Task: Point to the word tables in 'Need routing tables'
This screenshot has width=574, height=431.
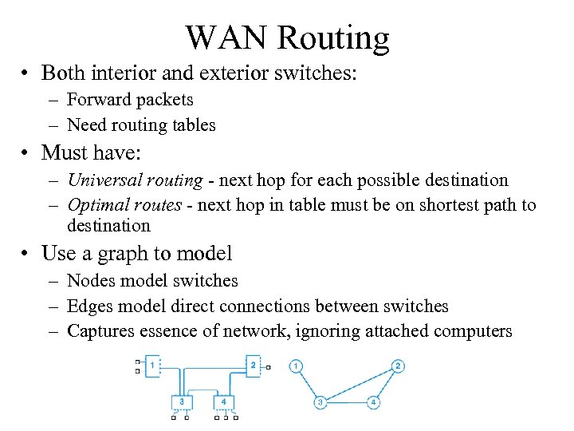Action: click(191, 125)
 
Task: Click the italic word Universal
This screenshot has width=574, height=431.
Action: click(100, 180)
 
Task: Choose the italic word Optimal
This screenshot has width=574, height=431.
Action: click(95, 205)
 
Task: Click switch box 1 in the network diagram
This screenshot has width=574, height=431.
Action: click(151, 366)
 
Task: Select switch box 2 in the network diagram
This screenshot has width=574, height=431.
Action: click(253, 366)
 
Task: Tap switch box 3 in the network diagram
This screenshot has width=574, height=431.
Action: click(183, 401)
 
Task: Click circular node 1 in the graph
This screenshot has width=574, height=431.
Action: click(296, 366)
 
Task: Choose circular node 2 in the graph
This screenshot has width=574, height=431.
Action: click(398, 366)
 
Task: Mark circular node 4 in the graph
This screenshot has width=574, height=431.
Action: click(373, 401)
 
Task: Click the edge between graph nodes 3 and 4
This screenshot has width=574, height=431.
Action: click(347, 401)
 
